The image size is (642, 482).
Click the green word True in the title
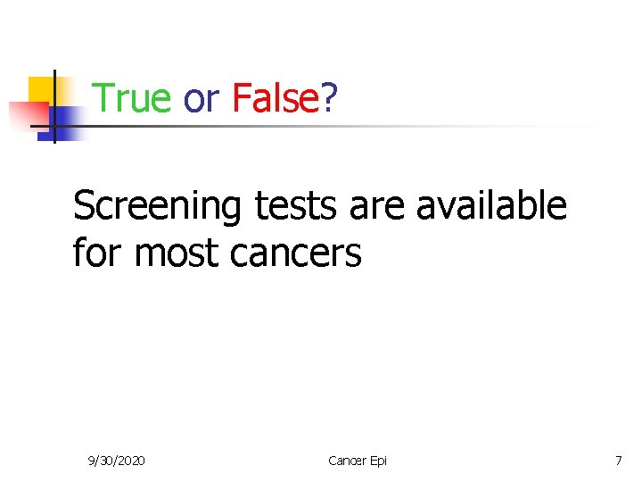(x=132, y=98)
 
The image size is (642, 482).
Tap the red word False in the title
(x=275, y=98)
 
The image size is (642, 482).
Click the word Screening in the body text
(x=156, y=207)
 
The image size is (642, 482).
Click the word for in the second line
(x=98, y=253)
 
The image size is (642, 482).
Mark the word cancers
(x=295, y=253)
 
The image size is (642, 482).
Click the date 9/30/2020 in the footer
(x=117, y=461)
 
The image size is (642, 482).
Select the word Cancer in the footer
(x=345, y=461)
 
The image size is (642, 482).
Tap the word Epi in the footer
(x=377, y=461)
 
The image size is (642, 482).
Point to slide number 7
(x=618, y=461)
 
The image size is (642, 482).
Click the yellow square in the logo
(x=40, y=89)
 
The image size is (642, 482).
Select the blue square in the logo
(x=65, y=119)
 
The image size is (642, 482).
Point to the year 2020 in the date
(x=132, y=461)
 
